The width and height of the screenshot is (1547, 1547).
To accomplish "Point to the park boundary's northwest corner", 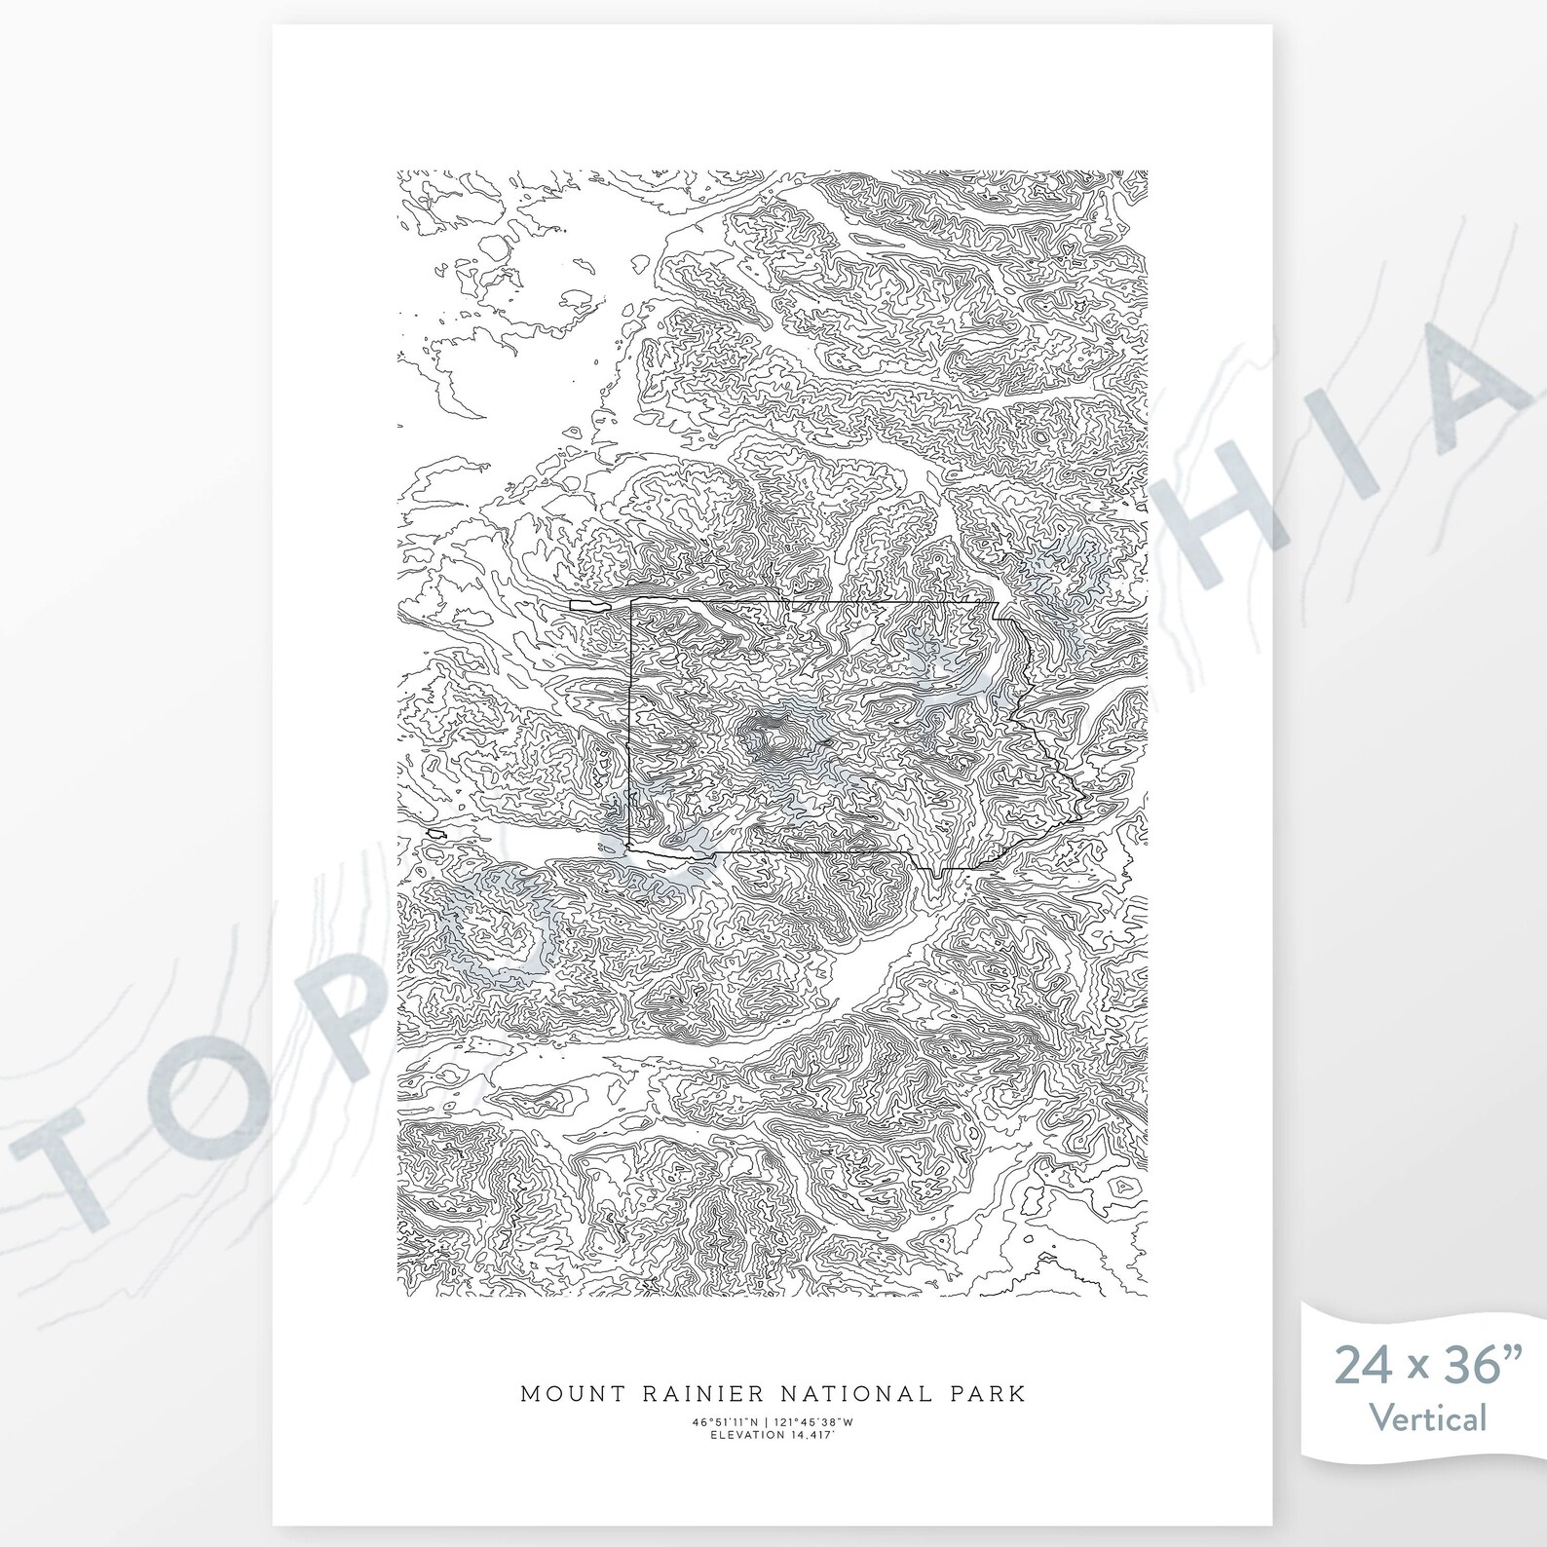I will click(632, 602).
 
